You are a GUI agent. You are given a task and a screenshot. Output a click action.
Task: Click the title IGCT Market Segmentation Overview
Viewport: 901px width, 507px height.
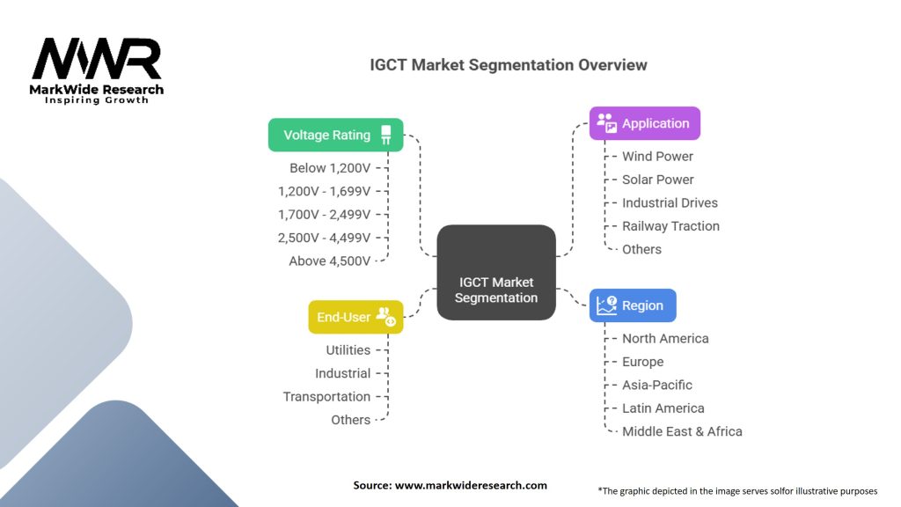[x=508, y=65]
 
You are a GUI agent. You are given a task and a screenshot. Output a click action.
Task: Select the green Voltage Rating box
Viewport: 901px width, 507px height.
[x=335, y=135]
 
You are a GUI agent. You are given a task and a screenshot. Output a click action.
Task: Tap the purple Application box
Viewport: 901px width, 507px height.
[x=644, y=123]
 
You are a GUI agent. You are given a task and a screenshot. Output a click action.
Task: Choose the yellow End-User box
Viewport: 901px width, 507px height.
[x=355, y=317]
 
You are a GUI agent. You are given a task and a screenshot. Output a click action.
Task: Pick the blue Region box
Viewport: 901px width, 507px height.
[x=633, y=305]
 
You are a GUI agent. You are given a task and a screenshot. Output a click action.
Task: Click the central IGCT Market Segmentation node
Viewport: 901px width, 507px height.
[x=496, y=290]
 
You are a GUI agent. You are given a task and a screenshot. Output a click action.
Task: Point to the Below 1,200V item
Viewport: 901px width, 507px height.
[x=330, y=168]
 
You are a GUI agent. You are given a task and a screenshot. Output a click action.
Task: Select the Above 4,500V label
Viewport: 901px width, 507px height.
[x=330, y=261]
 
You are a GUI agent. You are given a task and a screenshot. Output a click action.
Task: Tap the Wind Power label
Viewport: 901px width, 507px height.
[x=657, y=156]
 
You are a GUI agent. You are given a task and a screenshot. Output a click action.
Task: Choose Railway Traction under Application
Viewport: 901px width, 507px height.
[x=670, y=226]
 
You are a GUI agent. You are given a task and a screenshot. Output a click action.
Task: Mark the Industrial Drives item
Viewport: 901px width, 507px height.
[x=670, y=202]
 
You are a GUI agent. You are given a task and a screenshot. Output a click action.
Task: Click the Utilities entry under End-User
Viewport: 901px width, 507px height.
[x=348, y=350]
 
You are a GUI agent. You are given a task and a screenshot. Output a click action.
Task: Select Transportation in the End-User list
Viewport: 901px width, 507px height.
[x=326, y=397]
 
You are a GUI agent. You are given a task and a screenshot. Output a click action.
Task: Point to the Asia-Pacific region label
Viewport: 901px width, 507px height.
[x=656, y=385]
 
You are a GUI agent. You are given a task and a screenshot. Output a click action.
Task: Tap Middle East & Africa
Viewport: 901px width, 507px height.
[x=682, y=431]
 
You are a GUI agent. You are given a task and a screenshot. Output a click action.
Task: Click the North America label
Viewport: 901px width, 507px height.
[x=665, y=338]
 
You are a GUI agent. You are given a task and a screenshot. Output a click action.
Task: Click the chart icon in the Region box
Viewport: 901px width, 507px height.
[x=607, y=305]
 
